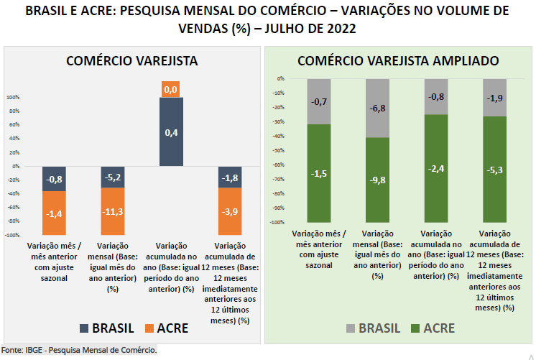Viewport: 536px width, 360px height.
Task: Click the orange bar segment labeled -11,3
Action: point(112,211)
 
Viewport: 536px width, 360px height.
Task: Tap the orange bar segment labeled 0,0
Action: point(171,89)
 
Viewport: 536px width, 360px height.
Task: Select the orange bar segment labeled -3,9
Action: point(230,212)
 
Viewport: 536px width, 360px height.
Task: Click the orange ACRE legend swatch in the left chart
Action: point(148,328)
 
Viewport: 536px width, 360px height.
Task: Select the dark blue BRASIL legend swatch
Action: point(85,328)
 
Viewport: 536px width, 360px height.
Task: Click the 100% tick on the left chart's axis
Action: point(14,97)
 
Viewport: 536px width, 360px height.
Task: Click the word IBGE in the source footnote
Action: point(34,350)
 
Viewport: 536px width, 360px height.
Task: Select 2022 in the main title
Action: point(338,29)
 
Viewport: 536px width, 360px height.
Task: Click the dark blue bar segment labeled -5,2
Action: point(112,177)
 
